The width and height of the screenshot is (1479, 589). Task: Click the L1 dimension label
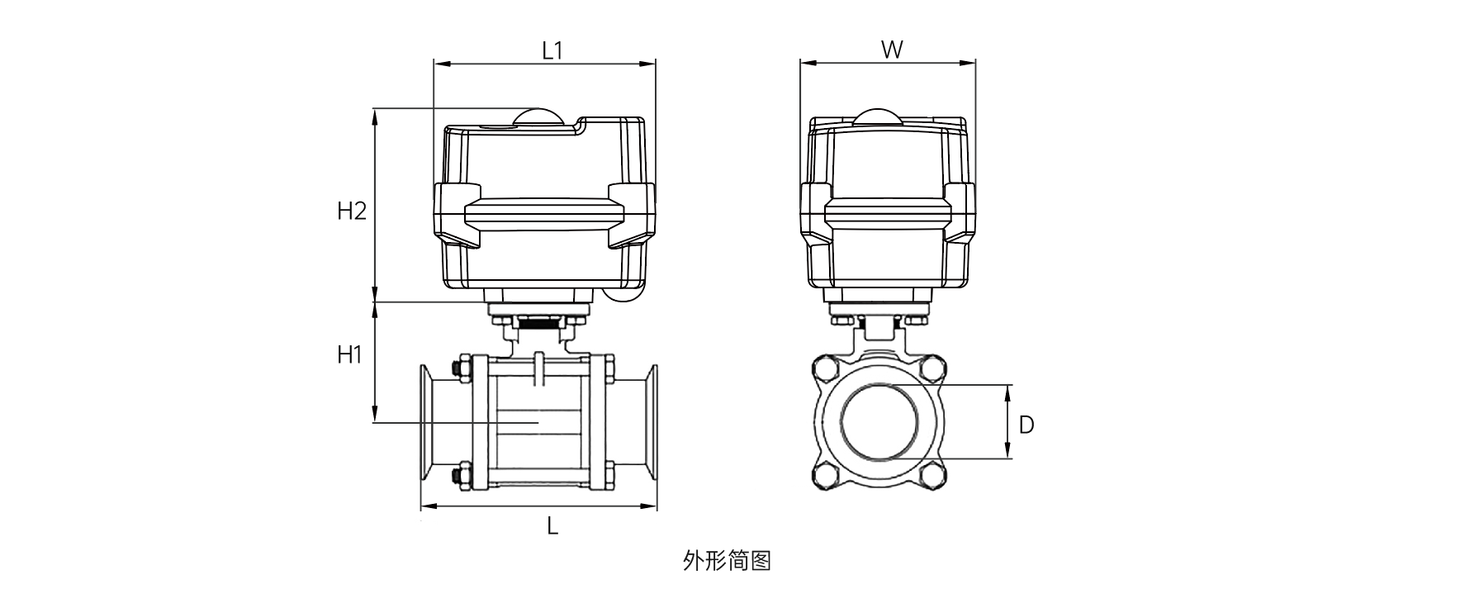[552, 50]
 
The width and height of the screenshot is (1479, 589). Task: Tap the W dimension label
[891, 50]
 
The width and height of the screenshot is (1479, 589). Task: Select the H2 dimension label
[351, 211]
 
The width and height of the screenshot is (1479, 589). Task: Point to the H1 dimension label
[350, 355]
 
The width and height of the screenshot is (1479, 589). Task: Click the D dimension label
[1026, 425]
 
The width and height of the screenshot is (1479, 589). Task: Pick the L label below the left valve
[552, 525]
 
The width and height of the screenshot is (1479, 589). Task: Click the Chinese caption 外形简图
[727, 562]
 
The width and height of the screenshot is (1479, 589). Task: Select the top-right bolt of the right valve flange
[933, 368]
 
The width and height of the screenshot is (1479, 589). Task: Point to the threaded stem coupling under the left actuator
[538, 325]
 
